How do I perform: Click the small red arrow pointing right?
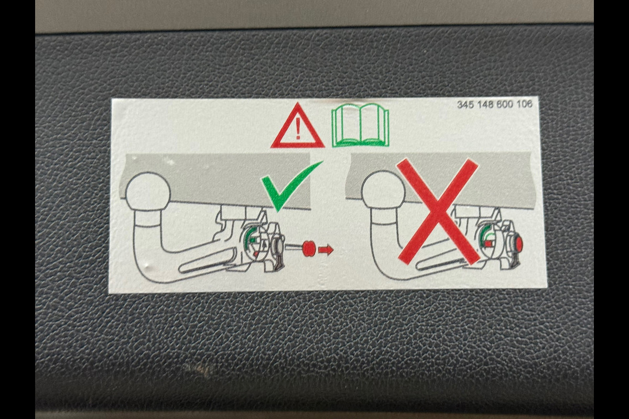coord(326,249)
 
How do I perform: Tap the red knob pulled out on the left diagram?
coord(309,248)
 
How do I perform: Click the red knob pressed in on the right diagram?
coord(518,244)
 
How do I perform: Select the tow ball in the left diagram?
coord(148,191)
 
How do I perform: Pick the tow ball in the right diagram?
coord(384,190)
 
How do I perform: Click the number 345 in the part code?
coord(465,105)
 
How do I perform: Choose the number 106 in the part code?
coord(524,104)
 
